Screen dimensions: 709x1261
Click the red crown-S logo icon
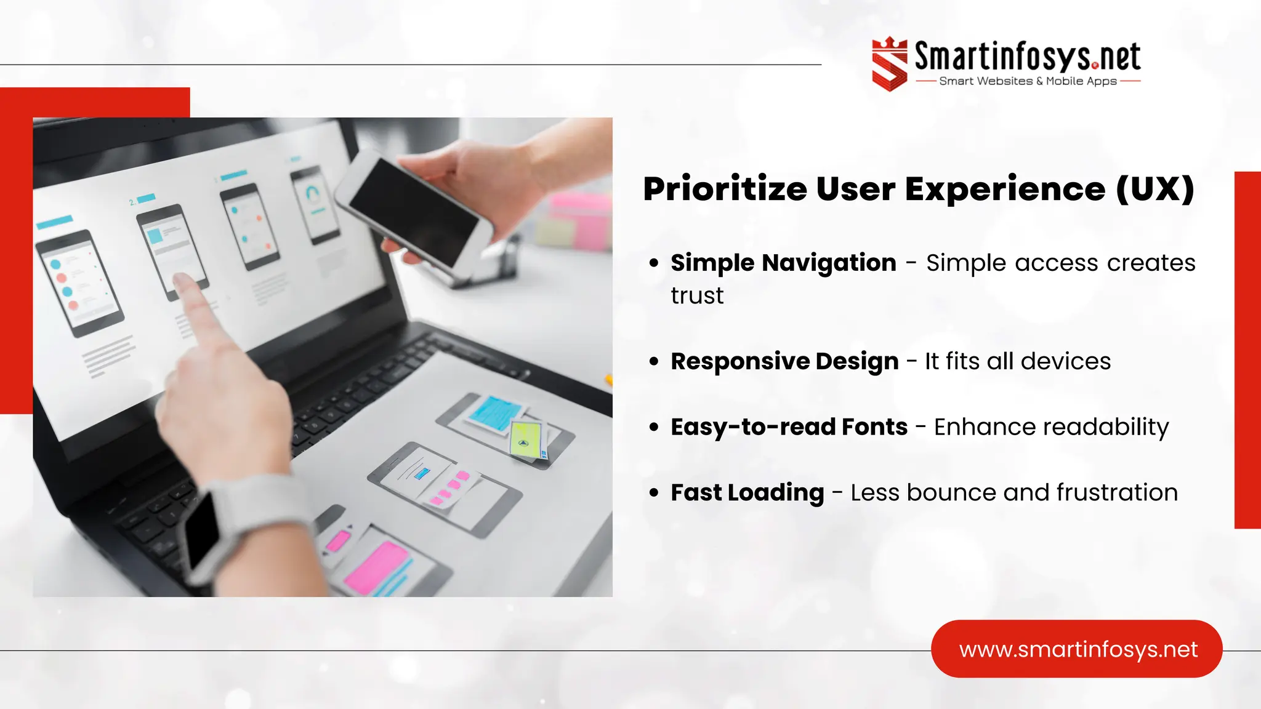[889, 64]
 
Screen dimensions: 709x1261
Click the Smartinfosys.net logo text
[1027, 57]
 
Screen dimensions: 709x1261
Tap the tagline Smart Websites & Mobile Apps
[1027, 81]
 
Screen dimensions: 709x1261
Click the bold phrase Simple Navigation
[783, 263]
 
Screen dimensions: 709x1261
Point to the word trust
[697, 296]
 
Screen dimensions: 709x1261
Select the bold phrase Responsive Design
[784, 361]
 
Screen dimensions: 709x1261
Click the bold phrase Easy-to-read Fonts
[789, 427]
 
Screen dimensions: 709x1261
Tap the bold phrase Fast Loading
[747, 493]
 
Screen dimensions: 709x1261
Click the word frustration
[1117, 493]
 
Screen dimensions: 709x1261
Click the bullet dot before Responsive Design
[654, 361]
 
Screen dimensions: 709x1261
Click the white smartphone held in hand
[414, 209]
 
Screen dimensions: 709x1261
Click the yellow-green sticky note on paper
[526, 439]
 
